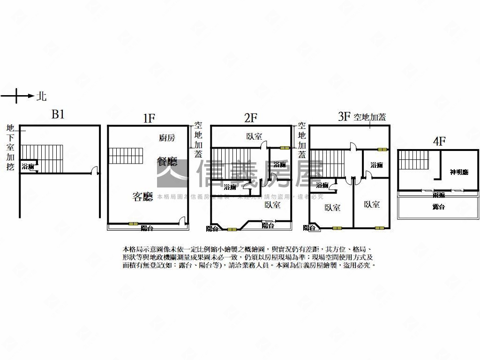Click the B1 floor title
tap(58, 115)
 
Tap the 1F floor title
tap(149, 118)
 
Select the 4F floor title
tap(439, 141)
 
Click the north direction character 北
tap(42, 97)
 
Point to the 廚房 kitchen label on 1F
tap(167, 137)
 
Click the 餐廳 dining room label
tap(167, 162)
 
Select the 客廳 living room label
tap(142, 197)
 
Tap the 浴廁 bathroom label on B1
tap(28, 166)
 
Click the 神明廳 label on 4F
tap(458, 172)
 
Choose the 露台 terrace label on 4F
tap(438, 207)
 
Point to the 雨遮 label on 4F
tap(439, 195)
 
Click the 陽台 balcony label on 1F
tap(147, 228)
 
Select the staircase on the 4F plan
tap(414, 160)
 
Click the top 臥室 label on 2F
tap(254, 136)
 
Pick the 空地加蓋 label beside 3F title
tap(370, 117)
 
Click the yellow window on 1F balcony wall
tap(134, 224)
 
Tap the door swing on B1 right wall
tap(95, 171)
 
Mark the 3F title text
tap(344, 117)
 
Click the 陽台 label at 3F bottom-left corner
tap(309, 228)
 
